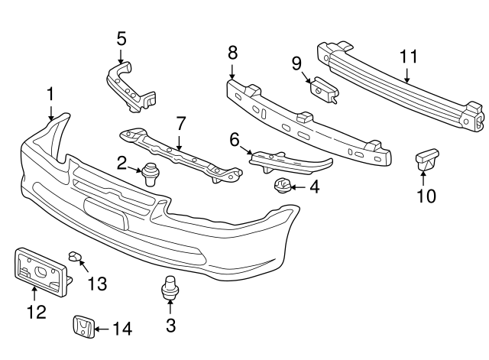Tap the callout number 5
pyautogui.click(x=121, y=37)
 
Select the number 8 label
pyautogui.click(x=232, y=52)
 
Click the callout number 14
pyautogui.click(x=122, y=329)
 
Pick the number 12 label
pyautogui.click(x=35, y=312)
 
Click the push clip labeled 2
pyautogui.click(x=151, y=174)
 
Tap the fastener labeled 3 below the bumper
pyautogui.click(x=170, y=291)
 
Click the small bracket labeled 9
pyautogui.click(x=324, y=88)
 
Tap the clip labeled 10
pyautogui.click(x=426, y=161)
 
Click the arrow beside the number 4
pyautogui.click(x=296, y=186)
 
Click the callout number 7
pyautogui.click(x=180, y=123)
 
